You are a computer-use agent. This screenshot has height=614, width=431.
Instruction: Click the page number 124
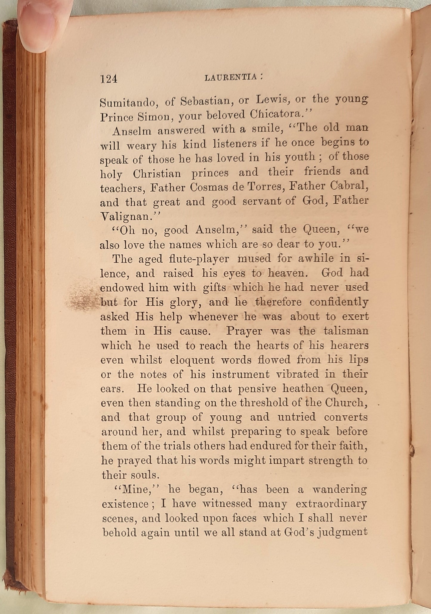coord(109,79)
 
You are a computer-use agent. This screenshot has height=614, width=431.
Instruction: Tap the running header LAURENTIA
coord(231,78)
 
